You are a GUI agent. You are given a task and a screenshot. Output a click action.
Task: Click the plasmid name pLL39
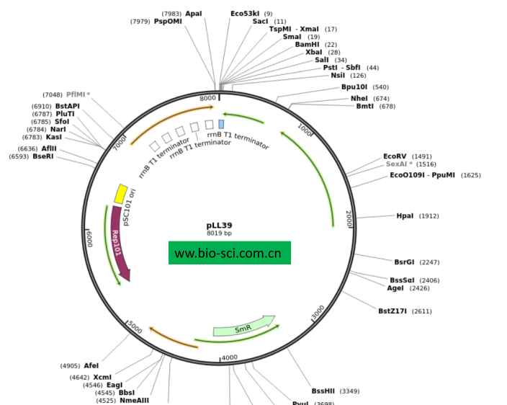219,226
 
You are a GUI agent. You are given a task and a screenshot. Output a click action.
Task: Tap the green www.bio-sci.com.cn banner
230,253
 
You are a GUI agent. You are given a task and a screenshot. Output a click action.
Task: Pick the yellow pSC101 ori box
121,193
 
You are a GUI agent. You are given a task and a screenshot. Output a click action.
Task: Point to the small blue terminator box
221,124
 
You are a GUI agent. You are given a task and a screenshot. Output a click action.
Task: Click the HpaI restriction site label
405,215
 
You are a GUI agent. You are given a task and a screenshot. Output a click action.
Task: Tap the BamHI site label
307,45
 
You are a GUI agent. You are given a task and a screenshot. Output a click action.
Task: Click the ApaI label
194,13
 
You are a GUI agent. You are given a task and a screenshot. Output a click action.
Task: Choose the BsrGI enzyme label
404,262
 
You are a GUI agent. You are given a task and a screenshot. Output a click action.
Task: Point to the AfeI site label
91,365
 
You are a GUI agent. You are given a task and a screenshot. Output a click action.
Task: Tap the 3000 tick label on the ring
318,312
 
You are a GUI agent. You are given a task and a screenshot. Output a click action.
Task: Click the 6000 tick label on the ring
89,238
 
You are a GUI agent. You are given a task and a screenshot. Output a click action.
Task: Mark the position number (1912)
429,216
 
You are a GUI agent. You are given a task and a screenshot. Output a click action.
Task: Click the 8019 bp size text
219,233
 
